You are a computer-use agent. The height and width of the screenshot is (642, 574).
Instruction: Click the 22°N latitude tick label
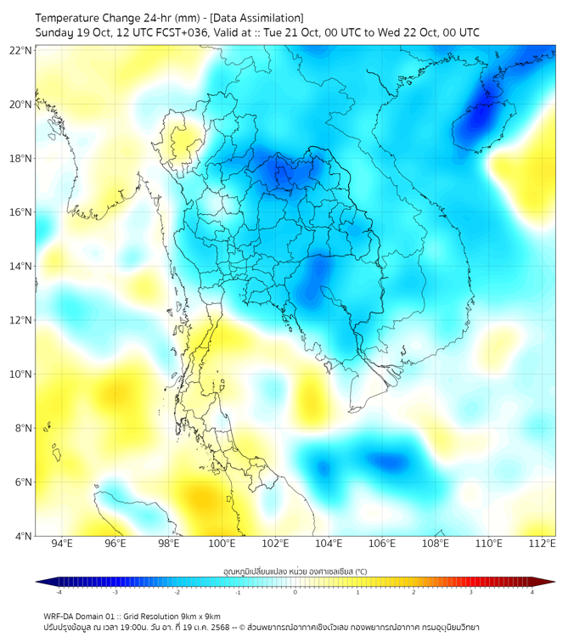[x=21, y=51]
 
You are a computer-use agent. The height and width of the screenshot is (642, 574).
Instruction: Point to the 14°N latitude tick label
[x=21, y=267]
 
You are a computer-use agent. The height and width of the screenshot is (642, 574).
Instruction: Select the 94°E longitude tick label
[x=62, y=543]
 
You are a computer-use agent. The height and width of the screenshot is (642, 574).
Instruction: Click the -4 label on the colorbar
[x=58, y=592]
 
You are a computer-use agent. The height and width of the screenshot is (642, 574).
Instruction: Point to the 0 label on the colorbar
[x=295, y=592]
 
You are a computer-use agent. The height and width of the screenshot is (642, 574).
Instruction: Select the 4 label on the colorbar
[x=532, y=592]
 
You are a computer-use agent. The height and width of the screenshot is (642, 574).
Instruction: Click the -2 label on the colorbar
[x=176, y=592]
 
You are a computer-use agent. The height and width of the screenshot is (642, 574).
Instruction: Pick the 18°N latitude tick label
[x=21, y=159]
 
